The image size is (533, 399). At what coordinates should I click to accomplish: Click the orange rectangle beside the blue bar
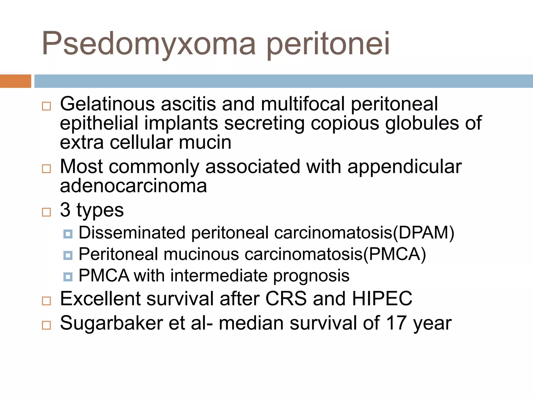[15, 81]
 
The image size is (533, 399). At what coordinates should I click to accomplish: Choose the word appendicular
[404, 167]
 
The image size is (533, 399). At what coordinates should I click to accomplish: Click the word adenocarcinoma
[133, 186]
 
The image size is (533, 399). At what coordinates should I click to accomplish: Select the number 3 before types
[65, 210]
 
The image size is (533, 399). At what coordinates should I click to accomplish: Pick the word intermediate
[219, 275]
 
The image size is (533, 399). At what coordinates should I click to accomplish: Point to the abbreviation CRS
[286, 298]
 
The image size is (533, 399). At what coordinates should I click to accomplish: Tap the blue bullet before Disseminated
[68, 234]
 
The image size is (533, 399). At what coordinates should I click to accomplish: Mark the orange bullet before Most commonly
[46, 169]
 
